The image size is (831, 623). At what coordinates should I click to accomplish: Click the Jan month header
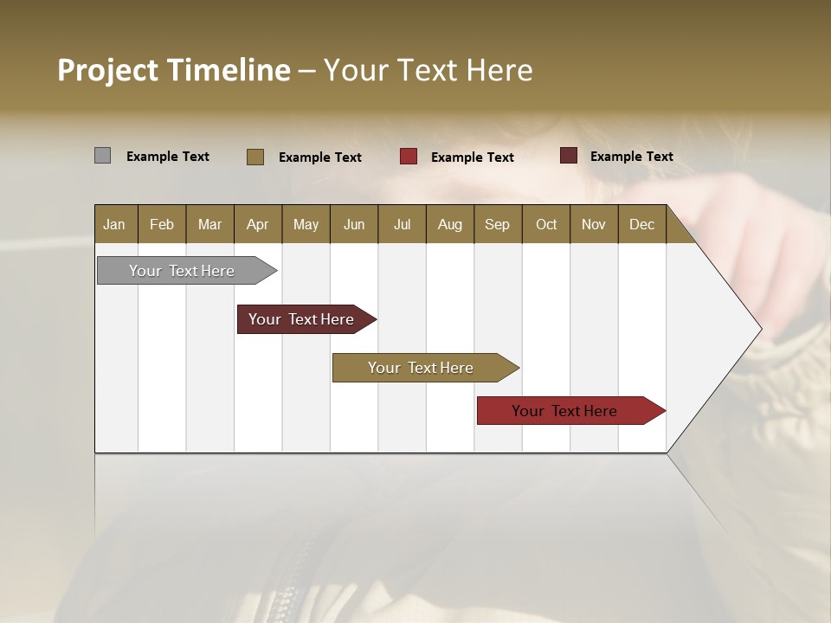(x=114, y=224)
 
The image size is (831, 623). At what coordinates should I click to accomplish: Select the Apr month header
(x=257, y=224)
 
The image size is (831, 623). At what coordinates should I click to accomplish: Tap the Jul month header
(x=402, y=224)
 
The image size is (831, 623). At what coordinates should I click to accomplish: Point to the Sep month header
(x=497, y=224)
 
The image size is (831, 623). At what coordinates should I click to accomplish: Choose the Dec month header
(x=641, y=224)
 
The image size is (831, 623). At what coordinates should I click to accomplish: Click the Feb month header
(x=162, y=224)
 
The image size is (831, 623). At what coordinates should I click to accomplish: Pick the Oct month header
(x=546, y=224)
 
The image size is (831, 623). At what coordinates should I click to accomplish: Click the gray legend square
(x=102, y=156)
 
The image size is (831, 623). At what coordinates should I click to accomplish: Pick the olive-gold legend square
(x=254, y=157)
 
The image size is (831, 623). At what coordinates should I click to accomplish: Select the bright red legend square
(x=409, y=157)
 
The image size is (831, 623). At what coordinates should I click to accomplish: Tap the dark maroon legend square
(x=568, y=156)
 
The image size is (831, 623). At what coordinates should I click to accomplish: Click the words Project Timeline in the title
(x=173, y=70)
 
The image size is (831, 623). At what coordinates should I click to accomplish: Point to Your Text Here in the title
(x=428, y=70)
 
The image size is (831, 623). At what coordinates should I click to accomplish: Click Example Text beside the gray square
(x=168, y=157)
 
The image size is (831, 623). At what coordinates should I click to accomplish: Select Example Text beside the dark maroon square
(x=631, y=157)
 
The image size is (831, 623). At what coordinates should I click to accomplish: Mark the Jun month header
(x=354, y=224)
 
